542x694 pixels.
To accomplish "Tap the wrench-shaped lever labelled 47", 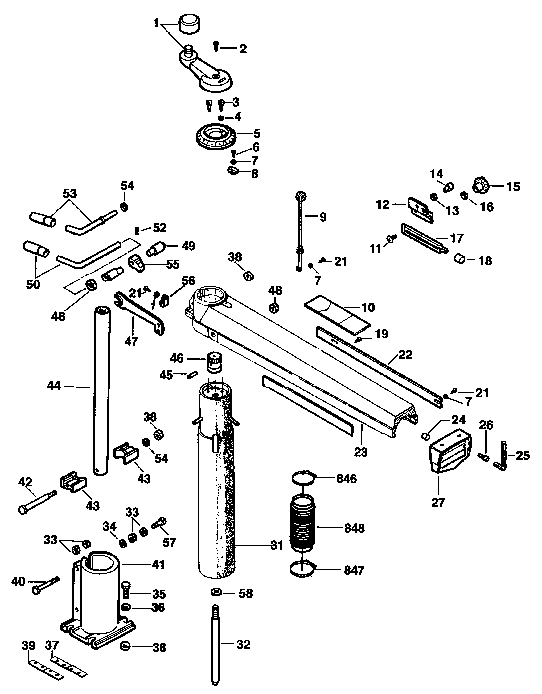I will coord(140,313).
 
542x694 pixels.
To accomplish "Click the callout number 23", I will coord(360,452).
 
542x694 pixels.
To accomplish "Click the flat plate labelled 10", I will coord(337,314).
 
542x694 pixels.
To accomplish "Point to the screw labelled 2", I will coord(216,46).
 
